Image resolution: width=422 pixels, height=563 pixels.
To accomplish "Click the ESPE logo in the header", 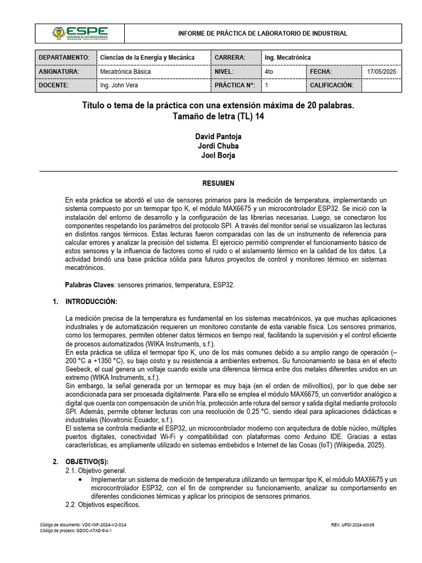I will pos(80,33).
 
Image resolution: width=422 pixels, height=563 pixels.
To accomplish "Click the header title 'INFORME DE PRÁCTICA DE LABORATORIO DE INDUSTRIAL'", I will pos(263,34).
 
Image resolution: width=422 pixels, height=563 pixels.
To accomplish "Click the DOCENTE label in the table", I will pos(54,86).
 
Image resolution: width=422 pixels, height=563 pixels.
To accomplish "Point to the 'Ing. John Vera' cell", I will pos(119,86).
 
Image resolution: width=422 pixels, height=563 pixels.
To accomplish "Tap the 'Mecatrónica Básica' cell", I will pos(125,72).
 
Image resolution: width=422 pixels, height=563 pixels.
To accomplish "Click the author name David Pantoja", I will pos(218,136).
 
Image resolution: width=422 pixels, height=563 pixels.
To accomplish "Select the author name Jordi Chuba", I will pos(218,146).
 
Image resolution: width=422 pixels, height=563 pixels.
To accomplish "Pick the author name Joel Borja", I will pos(218,155).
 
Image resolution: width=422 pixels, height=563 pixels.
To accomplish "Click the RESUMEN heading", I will pos(218,183).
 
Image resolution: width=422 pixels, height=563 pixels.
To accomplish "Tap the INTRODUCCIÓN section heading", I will pos(91,302).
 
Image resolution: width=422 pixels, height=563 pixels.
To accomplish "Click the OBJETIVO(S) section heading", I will pos(88,462).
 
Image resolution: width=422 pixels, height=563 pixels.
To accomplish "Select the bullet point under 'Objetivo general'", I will pos(81,480).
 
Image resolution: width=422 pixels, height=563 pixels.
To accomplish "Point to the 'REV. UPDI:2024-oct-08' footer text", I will pos(353,525).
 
